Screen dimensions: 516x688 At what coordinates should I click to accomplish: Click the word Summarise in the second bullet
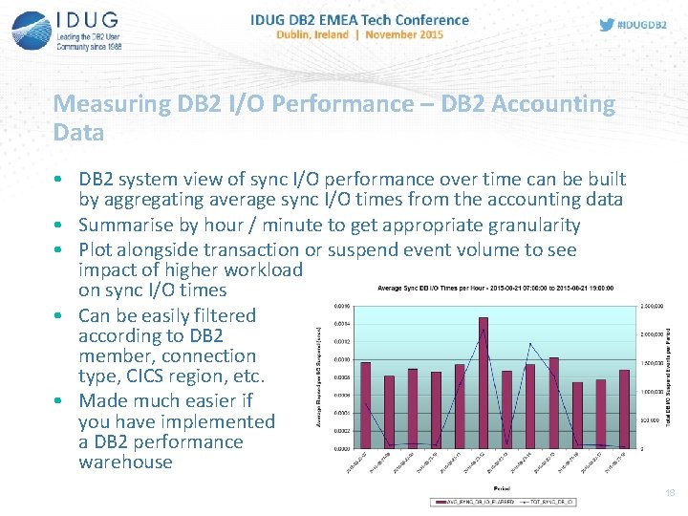click(x=122, y=226)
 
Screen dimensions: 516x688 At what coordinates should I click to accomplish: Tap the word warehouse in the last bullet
click(x=125, y=462)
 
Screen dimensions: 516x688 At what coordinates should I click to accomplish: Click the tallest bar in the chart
click(x=484, y=382)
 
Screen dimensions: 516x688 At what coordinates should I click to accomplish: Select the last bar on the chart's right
click(x=624, y=408)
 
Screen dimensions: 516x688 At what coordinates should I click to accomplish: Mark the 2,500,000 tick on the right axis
click(x=653, y=306)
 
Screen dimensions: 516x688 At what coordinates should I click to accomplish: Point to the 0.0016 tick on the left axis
click(x=342, y=306)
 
